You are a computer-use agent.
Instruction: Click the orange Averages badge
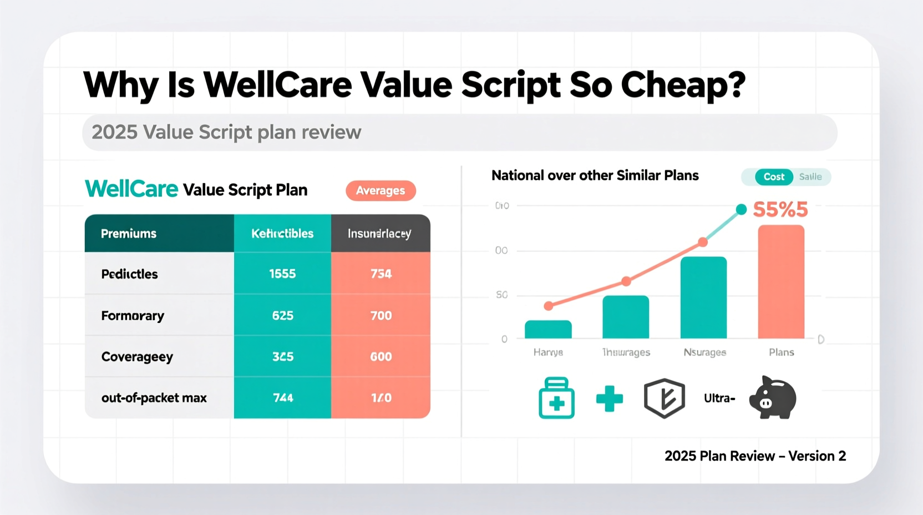pyautogui.click(x=381, y=190)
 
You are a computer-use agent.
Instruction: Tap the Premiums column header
pyautogui.click(x=129, y=234)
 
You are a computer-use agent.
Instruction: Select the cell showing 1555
pyautogui.click(x=282, y=274)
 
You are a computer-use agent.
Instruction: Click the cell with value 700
pyautogui.click(x=381, y=316)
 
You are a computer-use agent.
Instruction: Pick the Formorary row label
pyautogui.click(x=133, y=316)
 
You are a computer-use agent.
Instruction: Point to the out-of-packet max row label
pyautogui.click(x=154, y=398)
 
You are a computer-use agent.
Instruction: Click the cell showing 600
pyautogui.click(x=381, y=357)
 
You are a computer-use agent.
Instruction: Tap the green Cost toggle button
pyautogui.click(x=774, y=177)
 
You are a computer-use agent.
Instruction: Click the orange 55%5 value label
pyautogui.click(x=780, y=210)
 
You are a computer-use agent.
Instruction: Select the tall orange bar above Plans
pyautogui.click(x=781, y=281)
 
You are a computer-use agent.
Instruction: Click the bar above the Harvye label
pyautogui.click(x=548, y=330)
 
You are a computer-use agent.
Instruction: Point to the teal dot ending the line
pyautogui.click(x=741, y=209)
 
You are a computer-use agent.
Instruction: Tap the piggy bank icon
pyautogui.click(x=773, y=398)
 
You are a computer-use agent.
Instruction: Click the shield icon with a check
pyautogui.click(x=664, y=398)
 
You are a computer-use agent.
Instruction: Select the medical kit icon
pyautogui.click(x=556, y=398)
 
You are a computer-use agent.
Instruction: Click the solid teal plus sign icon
pyautogui.click(x=609, y=398)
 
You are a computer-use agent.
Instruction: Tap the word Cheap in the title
pyautogui.click(x=683, y=85)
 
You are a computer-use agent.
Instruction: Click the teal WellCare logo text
pyautogui.click(x=131, y=189)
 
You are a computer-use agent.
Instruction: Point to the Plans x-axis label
pyautogui.click(x=781, y=352)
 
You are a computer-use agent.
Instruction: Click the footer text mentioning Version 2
pyautogui.click(x=755, y=456)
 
